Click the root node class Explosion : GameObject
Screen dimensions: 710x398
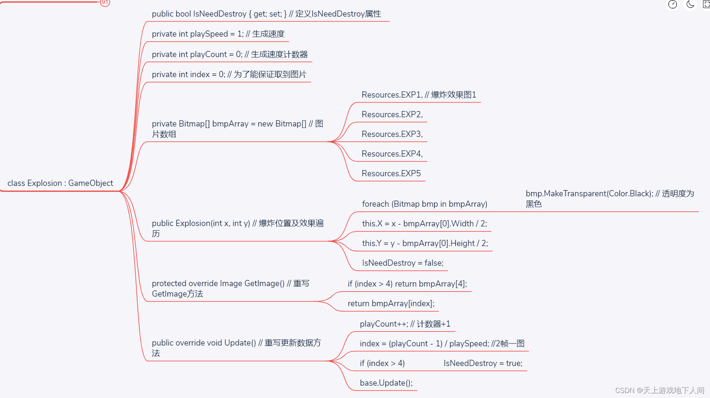click(60, 183)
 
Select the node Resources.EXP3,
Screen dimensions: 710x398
click(392, 134)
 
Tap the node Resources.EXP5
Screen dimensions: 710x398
click(391, 174)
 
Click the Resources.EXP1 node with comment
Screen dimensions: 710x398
click(419, 95)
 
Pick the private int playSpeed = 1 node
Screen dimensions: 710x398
click(218, 34)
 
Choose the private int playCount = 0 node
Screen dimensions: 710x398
click(230, 54)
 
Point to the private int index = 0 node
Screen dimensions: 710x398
click(229, 74)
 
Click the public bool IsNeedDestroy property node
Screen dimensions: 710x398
click(266, 14)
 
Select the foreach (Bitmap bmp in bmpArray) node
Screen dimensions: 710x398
click(425, 204)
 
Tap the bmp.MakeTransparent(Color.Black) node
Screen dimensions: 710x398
click(609, 198)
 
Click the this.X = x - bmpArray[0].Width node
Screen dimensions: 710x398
click(424, 224)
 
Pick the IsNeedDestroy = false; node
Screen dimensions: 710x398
click(403, 263)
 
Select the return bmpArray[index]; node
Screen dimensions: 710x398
click(391, 304)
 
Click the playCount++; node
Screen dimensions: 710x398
click(405, 324)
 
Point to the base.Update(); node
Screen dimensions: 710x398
click(386, 383)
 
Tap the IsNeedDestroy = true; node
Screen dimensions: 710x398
click(483, 363)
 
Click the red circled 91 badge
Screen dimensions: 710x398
click(105, 2)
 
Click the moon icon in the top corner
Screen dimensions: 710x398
click(690, 4)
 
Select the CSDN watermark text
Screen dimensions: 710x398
click(659, 390)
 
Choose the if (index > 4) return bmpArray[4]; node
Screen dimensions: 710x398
click(407, 284)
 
